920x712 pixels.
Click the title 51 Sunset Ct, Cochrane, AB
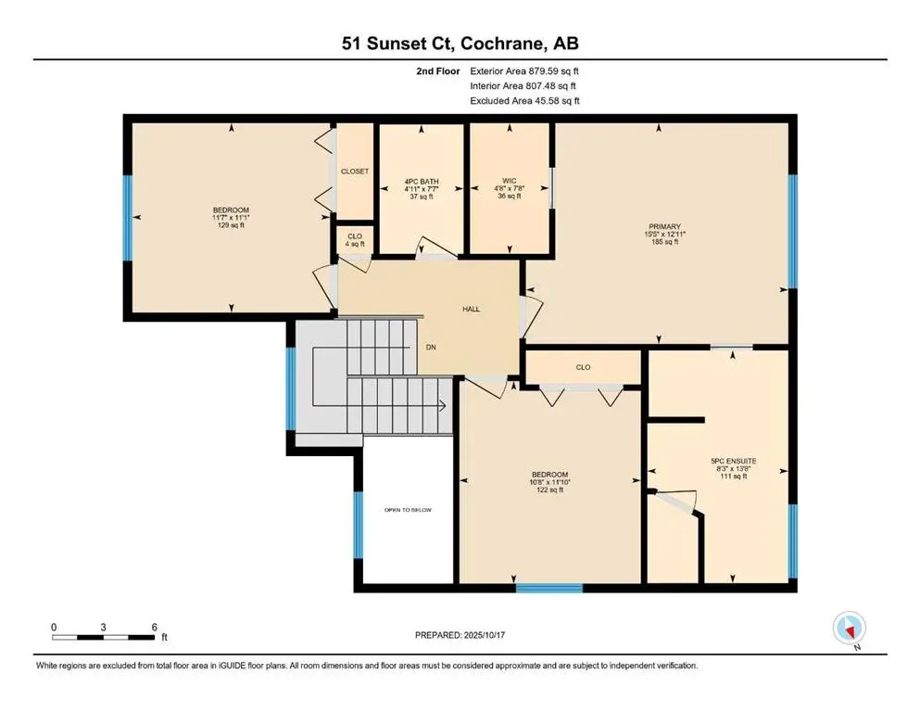[460, 43]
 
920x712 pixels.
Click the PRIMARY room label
[665, 227]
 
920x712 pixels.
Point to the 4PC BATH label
[421, 182]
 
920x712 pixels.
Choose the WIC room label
[510, 182]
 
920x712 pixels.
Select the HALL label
[472, 309]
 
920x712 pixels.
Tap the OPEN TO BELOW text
[408, 510]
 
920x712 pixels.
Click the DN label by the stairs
[431, 347]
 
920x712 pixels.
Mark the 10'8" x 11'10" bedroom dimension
[550, 482]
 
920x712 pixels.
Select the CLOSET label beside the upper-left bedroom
[355, 172]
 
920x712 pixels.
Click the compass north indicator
[849, 629]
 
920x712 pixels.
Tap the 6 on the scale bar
[154, 627]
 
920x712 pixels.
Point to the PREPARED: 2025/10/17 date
[460, 635]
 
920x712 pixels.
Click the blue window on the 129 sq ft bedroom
[128, 216]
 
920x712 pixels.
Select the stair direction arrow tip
[446, 405]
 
